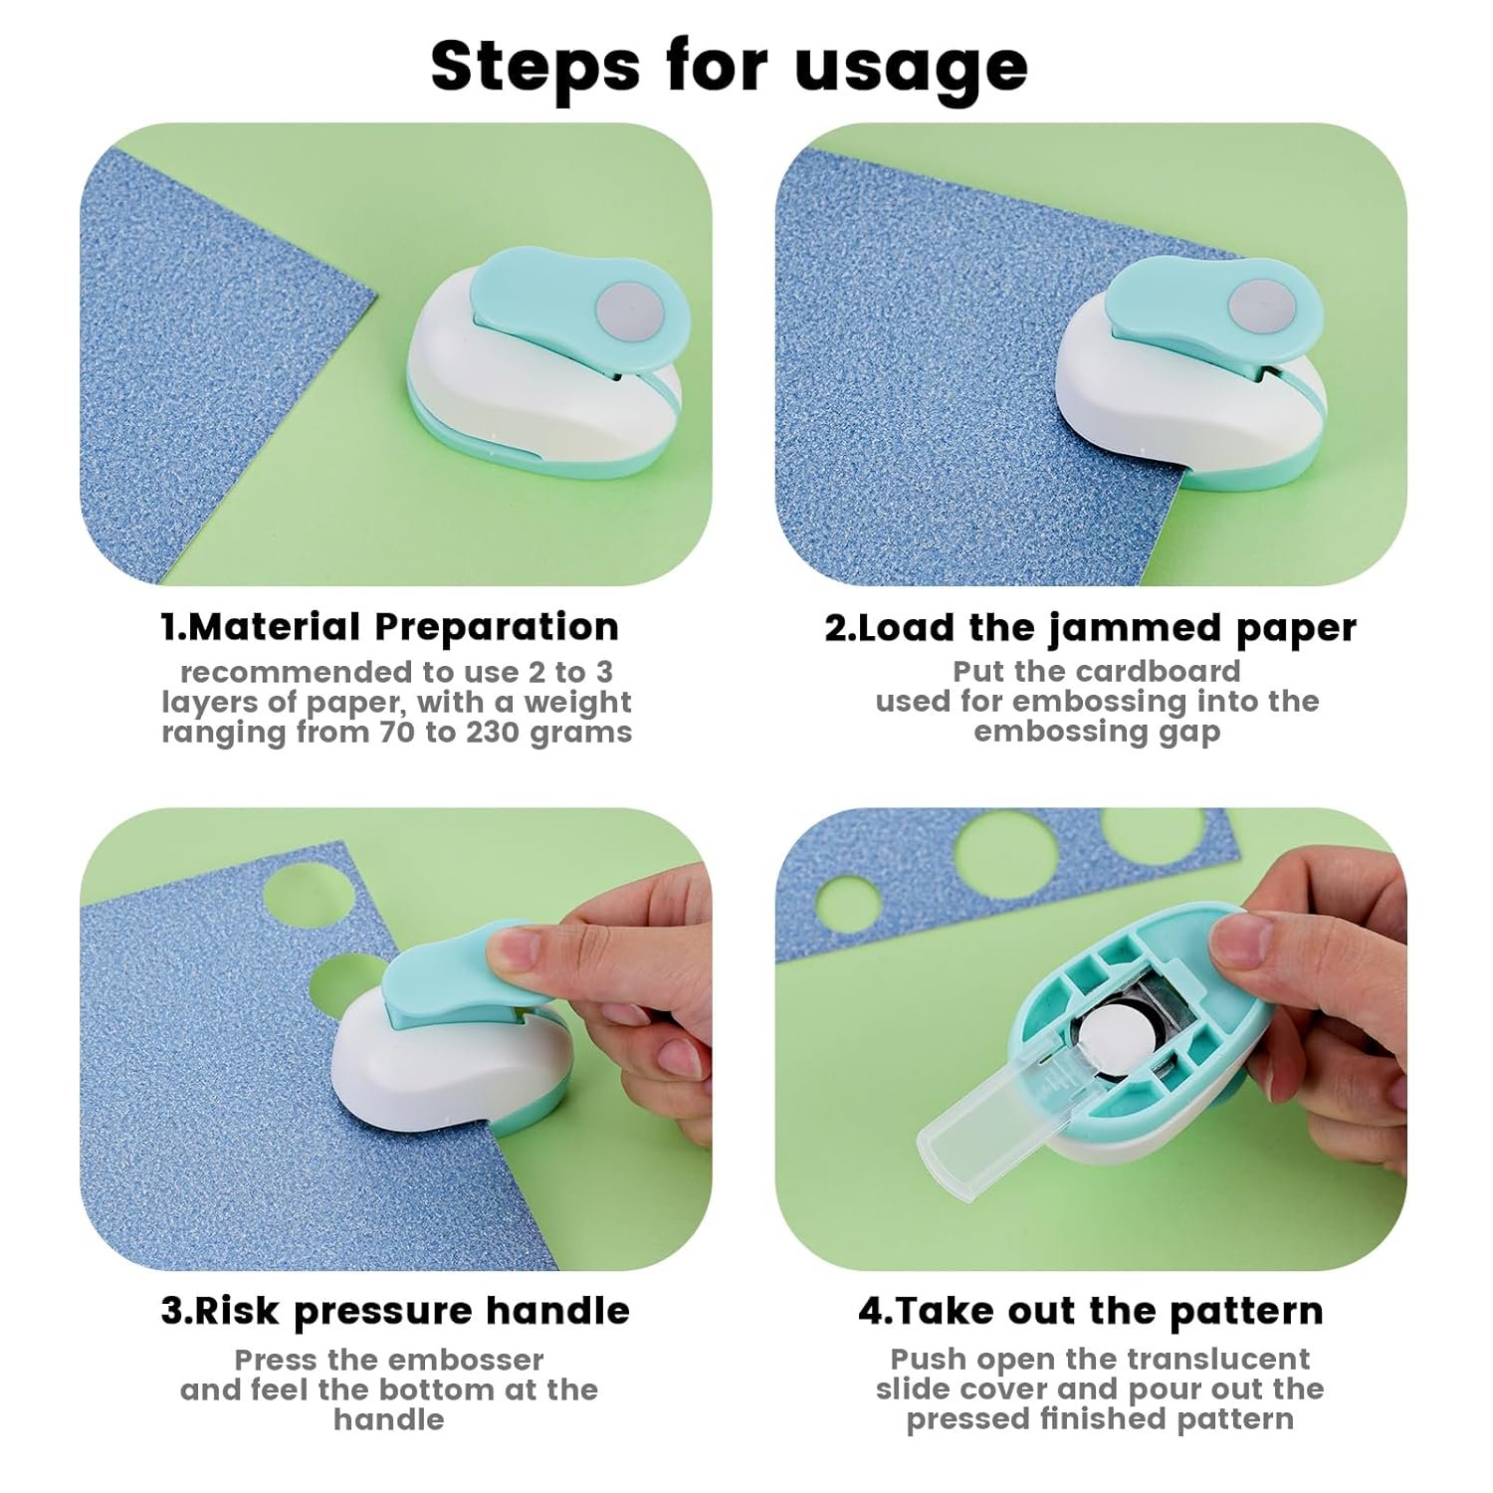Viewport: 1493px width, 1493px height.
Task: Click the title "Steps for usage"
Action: pos(730,66)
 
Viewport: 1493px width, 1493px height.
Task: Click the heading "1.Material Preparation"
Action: pos(390,627)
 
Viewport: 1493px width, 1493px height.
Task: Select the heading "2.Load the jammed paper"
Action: pos(1091,628)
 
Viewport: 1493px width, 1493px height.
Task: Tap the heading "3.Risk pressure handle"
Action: pos(395,1311)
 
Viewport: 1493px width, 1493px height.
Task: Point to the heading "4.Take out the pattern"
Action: pos(1091,1311)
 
